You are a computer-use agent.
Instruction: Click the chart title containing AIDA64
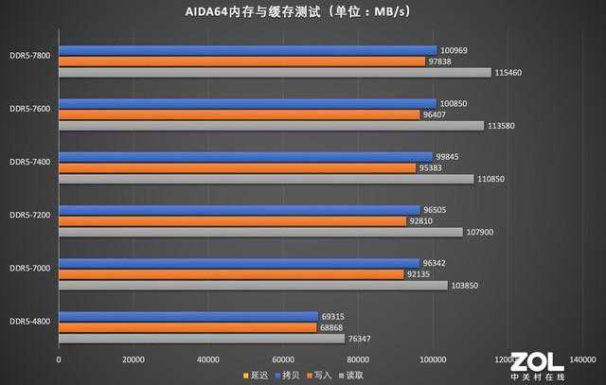(303, 12)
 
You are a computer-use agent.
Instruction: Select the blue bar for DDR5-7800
(247, 50)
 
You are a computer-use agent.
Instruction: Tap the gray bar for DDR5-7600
(271, 126)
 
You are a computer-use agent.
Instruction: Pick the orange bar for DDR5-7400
(237, 167)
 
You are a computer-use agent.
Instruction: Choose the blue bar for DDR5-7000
(239, 263)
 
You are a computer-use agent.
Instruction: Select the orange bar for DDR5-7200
(232, 221)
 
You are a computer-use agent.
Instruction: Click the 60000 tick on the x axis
(283, 359)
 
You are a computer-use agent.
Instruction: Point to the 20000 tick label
(134, 359)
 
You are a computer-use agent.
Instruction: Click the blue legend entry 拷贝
(288, 376)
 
